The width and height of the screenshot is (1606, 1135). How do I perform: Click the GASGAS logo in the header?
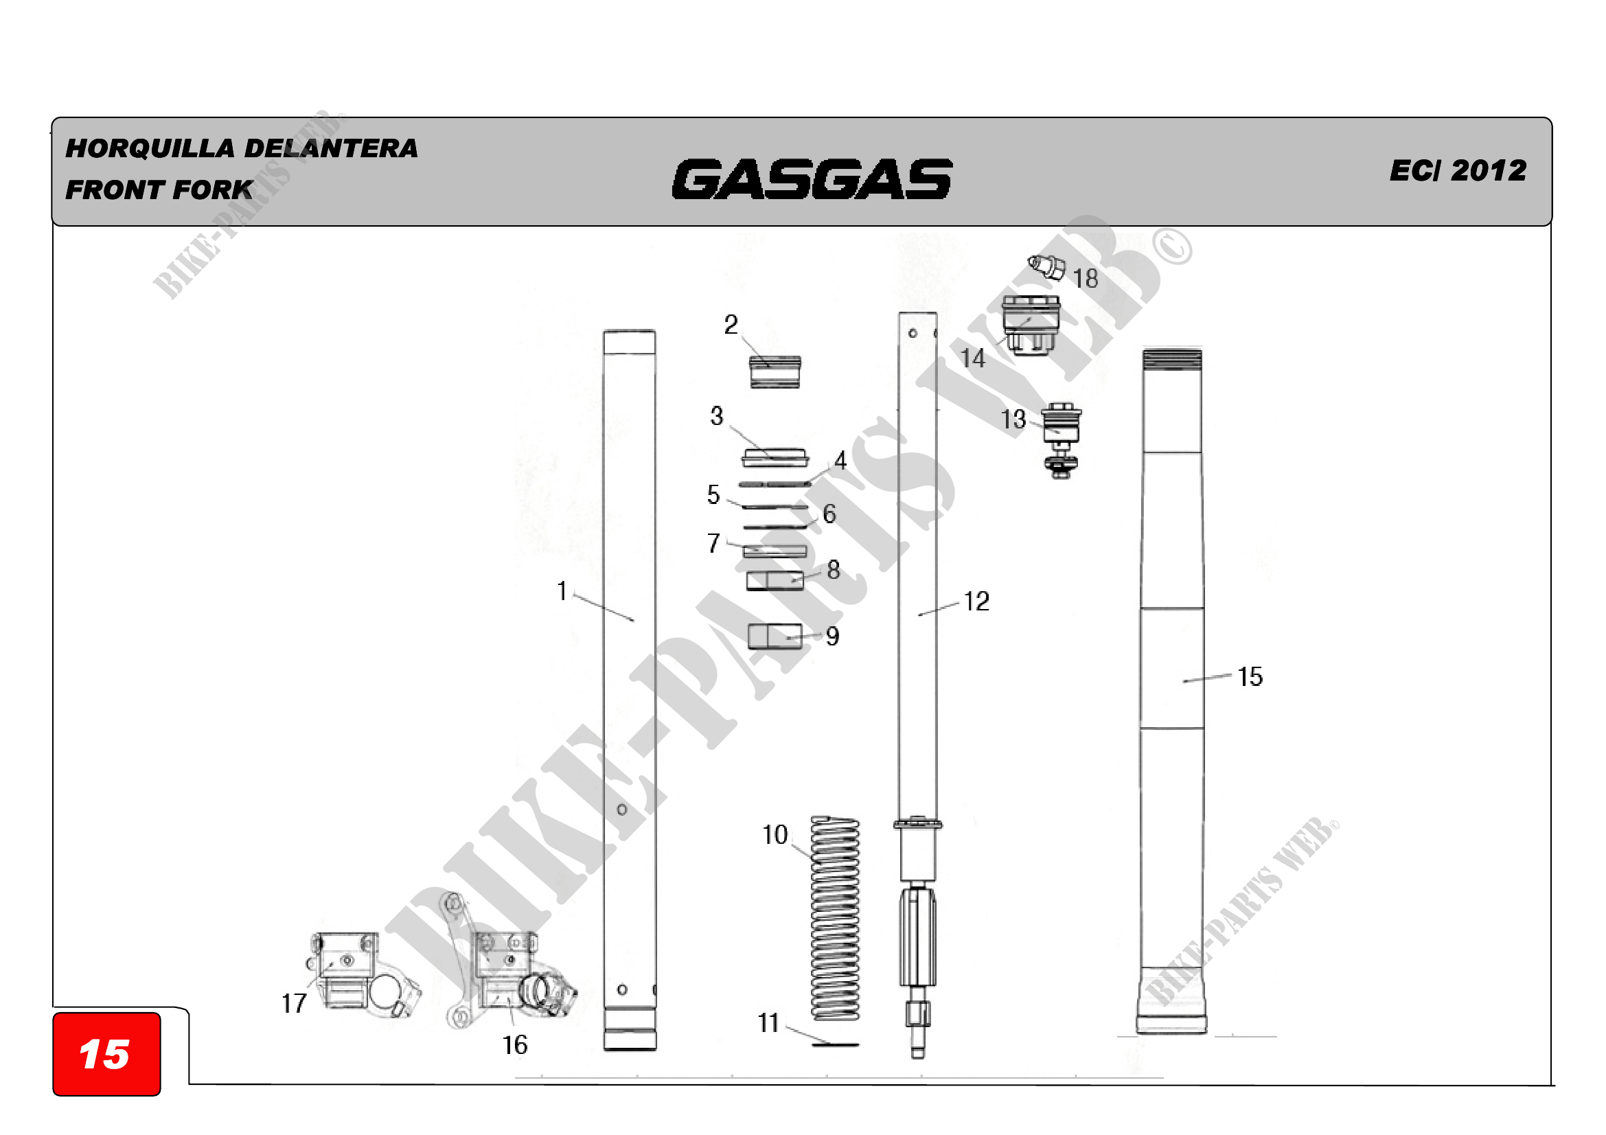pos(812,179)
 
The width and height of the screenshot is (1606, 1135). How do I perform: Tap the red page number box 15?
pos(106,1053)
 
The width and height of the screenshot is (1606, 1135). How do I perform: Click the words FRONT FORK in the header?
pos(159,190)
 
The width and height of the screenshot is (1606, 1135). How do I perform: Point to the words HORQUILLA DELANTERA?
pos(241,148)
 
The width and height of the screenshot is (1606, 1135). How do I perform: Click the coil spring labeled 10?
pos(834,918)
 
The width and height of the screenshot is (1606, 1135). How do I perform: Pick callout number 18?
pos(1086,279)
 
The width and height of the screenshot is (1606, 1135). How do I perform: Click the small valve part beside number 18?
pos(1046,266)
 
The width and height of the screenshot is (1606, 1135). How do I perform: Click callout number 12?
pos(976,601)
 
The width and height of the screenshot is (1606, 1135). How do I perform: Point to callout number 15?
pos(1250,677)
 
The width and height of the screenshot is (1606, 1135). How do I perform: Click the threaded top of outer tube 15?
pos(1172,360)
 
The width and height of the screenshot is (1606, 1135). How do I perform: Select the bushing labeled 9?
pos(775,637)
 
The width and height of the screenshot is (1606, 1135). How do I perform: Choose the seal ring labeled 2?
pos(775,372)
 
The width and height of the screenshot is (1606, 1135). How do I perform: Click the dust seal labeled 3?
pos(775,458)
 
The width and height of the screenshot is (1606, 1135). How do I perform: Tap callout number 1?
pos(562,591)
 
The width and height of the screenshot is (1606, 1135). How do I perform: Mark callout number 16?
pos(515,1046)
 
